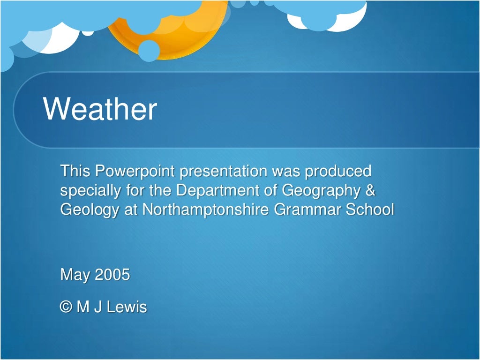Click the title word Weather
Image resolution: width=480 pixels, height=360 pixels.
(x=100, y=109)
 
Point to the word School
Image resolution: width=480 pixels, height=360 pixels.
(x=370, y=210)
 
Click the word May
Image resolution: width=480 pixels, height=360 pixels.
(x=75, y=275)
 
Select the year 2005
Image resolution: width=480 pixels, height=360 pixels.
(x=112, y=274)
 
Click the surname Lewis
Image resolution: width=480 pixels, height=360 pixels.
(x=127, y=307)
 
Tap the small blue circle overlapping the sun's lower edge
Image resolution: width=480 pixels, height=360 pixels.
(x=149, y=51)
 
